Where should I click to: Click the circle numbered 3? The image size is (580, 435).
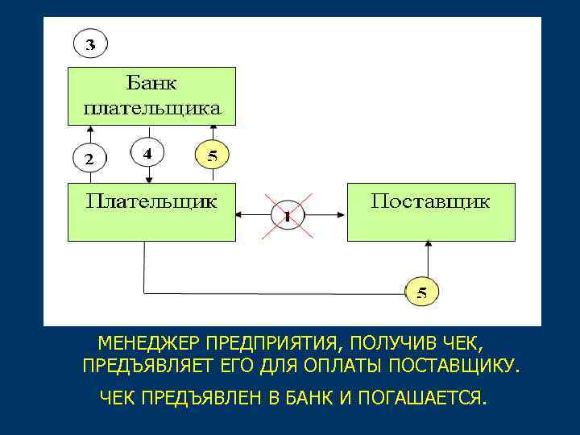[89, 43]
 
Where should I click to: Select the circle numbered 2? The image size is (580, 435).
[89, 157]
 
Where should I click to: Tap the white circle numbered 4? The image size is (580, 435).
[147, 152]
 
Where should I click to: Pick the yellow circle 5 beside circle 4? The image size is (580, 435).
[212, 155]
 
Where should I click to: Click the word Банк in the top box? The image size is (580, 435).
[151, 83]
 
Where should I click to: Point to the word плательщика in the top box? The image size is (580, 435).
[151, 107]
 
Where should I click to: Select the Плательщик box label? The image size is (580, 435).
[151, 200]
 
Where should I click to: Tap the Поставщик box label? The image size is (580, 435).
[429, 200]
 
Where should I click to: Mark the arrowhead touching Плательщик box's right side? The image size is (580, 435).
[240, 216]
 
